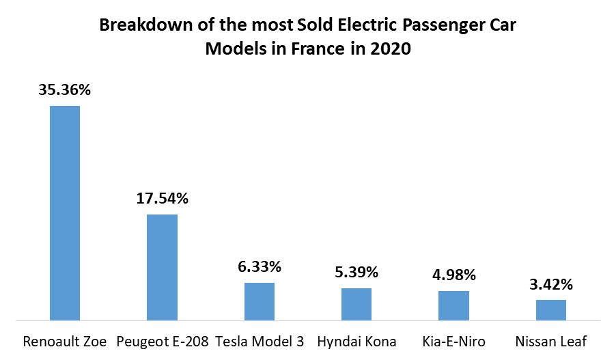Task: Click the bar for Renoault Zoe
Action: (65, 212)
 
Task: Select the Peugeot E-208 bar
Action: (163, 267)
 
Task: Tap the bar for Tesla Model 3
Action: (260, 301)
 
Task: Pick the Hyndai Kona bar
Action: (356, 304)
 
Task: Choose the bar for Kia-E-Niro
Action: (453, 305)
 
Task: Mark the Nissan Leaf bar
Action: (551, 310)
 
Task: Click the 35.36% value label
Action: (65, 89)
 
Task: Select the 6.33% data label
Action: (260, 266)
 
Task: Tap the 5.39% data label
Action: (356, 272)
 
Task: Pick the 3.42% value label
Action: (551, 283)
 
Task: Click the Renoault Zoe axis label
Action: (65, 342)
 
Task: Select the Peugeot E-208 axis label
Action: (163, 342)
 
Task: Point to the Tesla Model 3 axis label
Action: (260, 342)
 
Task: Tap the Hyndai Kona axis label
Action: (356, 342)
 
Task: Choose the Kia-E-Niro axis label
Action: (453, 342)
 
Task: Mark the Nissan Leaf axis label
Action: (551, 342)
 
